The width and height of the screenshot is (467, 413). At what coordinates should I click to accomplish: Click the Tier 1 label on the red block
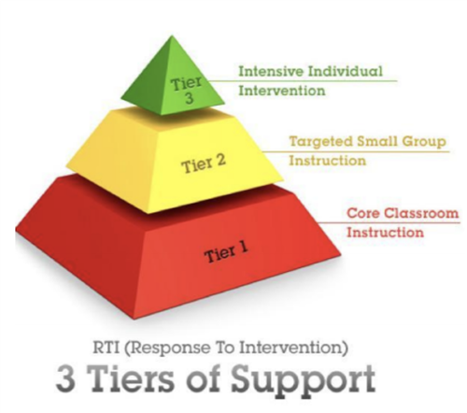[226, 252]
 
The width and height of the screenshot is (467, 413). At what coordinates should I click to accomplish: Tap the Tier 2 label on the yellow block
[204, 164]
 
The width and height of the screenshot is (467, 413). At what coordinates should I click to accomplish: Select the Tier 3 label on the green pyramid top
[187, 90]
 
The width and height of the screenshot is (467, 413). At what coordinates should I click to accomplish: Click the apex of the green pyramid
[171, 36]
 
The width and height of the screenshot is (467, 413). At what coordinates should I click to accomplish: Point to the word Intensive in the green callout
[271, 71]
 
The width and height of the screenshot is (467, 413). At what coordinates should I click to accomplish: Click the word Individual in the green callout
[346, 71]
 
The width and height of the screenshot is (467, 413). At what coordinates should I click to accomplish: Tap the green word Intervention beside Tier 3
[282, 91]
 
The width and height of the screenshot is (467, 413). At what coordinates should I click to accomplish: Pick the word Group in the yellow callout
[424, 142]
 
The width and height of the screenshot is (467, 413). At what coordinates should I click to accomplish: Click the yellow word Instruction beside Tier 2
[328, 161]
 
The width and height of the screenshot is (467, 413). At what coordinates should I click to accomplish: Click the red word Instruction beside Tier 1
[386, 233]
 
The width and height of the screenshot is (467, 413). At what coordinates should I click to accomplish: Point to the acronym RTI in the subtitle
[106, 348]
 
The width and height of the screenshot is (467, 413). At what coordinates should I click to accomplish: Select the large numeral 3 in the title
[66, 378]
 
